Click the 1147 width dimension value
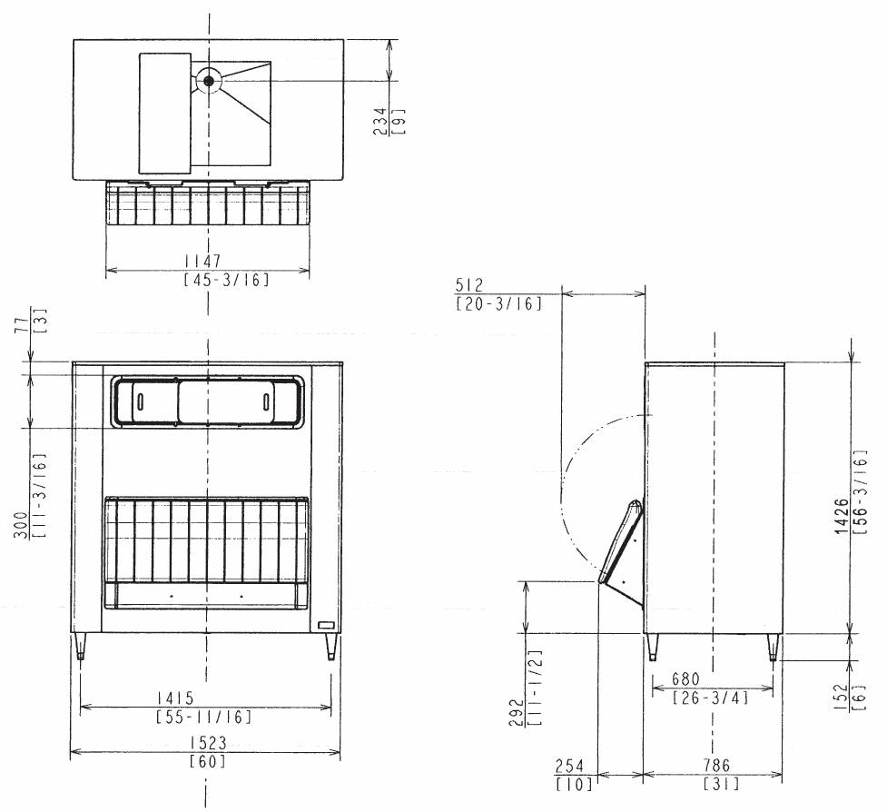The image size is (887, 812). (x=203, y=261)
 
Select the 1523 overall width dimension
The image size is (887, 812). (x=208, y=742)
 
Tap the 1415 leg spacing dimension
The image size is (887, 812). (x=175, y=698)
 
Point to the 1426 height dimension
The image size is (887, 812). (x=843, y=516)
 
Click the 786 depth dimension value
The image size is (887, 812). (x=716, y=766)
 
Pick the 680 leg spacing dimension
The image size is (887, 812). (x=685, y=678)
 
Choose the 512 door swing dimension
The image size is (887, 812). (x=469, y=285)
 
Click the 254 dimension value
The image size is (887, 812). (x=569, y=767)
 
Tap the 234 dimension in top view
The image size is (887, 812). (x=380, y=122)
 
